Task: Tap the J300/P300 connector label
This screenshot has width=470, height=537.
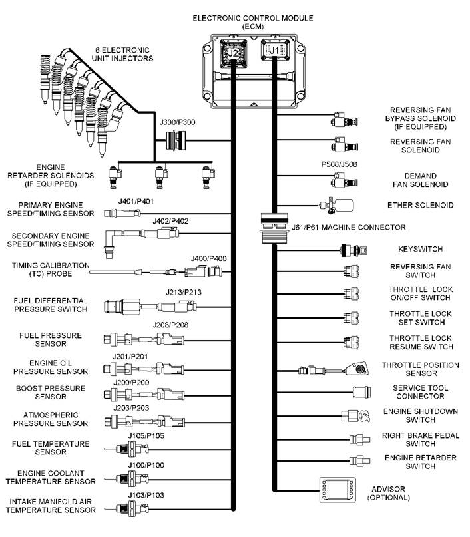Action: tap(178, 123)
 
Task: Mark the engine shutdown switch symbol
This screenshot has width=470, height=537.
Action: tap(354, 416)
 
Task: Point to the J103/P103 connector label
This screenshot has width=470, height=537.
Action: tap(146, 496)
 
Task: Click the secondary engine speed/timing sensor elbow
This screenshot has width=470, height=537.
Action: tap(112, 238)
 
